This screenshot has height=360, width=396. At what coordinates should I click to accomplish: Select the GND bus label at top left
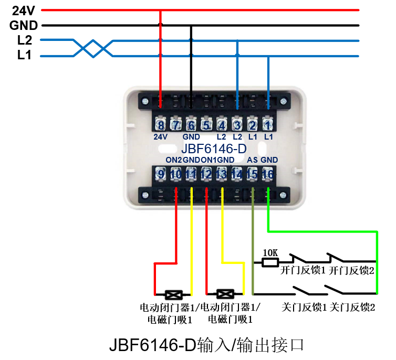[x=24, y=25]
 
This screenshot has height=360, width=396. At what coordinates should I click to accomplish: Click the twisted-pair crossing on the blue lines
[x=93, y=48]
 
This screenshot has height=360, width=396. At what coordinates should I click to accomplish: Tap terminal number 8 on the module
[x=160, y=125]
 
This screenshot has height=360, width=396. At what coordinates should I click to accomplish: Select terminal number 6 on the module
[x=191, y=125]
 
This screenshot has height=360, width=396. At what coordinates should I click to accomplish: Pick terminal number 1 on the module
[x=268, y=125]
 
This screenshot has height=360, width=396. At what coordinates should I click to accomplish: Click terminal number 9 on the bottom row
[x=160, y=173]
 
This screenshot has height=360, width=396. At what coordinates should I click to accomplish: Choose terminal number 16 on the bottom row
[x=268, y=173]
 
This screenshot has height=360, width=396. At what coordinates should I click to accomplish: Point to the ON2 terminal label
[x=174, y=160]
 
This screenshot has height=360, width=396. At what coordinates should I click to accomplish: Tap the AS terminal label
[x=252, y=160]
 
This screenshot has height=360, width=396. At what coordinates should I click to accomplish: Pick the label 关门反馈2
[x=353, y=306]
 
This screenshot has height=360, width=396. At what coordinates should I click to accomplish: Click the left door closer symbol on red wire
[x=173, y=294]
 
